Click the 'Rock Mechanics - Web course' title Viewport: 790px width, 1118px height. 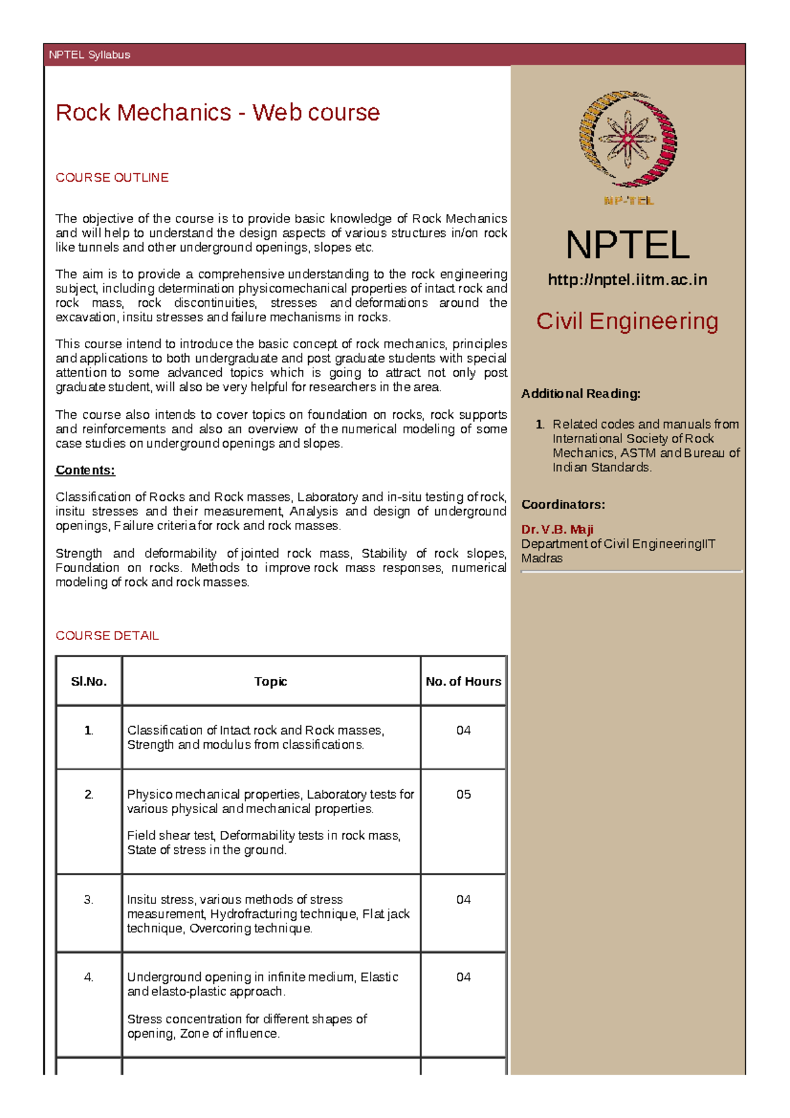[x=217, y=113]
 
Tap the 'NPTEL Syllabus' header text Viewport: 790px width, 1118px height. [x=90, y=55]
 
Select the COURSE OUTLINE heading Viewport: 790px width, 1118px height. [x=112, y=178]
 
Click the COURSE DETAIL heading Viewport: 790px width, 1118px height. [x=107, y=635]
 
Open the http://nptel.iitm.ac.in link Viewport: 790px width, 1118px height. [x=627, y=280]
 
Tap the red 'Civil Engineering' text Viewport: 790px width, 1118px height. [x=627, y=321]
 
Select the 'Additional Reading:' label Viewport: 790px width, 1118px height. [x=581, y=394]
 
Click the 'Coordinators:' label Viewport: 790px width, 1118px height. [x=563, y=504]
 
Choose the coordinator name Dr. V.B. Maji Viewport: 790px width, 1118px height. [x=557, y=529]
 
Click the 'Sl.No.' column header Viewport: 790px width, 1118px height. [x=89, y=681]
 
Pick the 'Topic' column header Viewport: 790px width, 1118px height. [x=271, y=681]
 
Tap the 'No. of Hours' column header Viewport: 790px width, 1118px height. [x=463, y=681]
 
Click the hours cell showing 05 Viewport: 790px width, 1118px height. [x=463, y=795]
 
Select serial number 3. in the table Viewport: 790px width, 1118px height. [x=89, y=899]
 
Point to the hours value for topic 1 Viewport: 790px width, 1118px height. [x=463, y=730]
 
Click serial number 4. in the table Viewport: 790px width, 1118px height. [x=89, y=977]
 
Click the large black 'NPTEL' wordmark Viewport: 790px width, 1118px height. [x=627, y=245]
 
